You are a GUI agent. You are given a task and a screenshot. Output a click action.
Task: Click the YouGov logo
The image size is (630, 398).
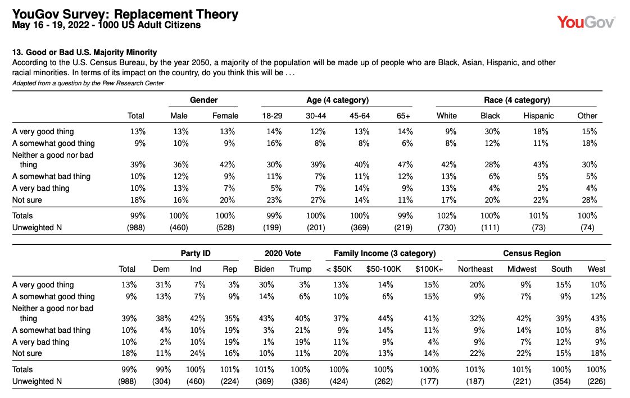click(x=586, y=22)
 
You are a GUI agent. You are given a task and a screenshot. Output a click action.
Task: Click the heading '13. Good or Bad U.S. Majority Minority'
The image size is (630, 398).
click(x=84, y=52)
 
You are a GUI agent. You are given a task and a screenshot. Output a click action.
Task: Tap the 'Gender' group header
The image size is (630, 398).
click(x=203, y=100)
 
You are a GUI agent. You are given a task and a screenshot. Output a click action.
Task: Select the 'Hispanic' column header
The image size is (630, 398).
click(x=538, y=116)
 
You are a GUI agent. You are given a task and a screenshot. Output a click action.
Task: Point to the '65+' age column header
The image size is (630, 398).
click(x=404, y=116)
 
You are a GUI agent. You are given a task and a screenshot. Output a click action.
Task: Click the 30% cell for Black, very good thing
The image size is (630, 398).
click(x=492, y=131)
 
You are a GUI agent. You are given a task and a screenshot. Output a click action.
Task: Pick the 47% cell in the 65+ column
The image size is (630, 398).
click(x=405, y=164)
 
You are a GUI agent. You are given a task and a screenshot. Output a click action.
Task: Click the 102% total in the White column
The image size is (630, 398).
click(x=447, y=216)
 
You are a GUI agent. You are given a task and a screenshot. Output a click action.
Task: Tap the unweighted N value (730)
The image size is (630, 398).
click(x=447, y=227)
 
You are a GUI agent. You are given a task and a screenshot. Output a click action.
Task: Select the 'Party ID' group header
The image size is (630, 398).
click(x=196, y=253)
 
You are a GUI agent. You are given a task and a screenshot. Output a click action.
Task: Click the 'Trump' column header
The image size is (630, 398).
click(x=301, y=269)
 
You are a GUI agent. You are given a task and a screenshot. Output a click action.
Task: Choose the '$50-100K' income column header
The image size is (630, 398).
click(x=383, y=269)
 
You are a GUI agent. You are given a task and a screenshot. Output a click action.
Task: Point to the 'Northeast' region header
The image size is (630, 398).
click(x=475, y=269)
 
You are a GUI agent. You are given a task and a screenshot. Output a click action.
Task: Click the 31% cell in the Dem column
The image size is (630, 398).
click(x=164, y=285)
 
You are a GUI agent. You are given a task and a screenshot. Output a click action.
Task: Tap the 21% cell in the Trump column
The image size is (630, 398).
click(x=302, y=330)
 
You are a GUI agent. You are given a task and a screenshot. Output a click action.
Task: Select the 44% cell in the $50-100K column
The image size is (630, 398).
click(x=386, y=318)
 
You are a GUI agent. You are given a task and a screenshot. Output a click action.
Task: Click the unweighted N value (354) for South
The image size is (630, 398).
click(x=561, y=381)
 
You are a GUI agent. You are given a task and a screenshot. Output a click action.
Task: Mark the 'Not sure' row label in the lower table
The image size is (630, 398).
click(x=27, y=353)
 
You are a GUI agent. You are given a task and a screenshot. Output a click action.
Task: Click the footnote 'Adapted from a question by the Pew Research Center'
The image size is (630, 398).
click(x=88, y=83)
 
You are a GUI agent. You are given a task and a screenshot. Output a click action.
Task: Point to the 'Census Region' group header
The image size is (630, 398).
click(x=532, y=253)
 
